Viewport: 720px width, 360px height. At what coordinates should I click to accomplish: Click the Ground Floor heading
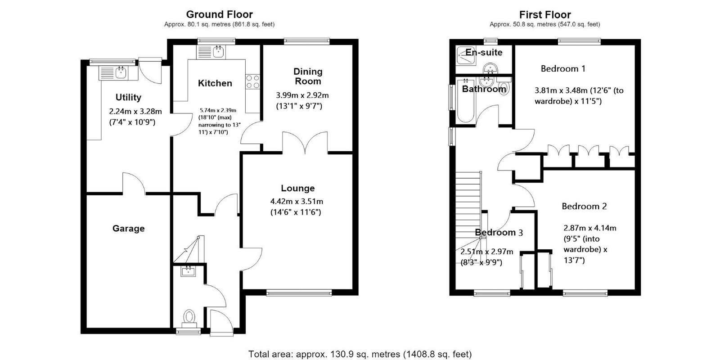coord(220,14)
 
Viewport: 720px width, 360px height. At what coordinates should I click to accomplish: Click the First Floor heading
coord(545,14)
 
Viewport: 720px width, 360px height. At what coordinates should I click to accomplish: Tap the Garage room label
coord(129,229)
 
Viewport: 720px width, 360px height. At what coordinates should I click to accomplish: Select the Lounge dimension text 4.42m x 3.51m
coord(297,202)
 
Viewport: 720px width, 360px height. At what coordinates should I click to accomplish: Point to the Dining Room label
coord(308,76)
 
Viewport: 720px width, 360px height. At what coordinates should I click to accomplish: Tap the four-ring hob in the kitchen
coord(252,81)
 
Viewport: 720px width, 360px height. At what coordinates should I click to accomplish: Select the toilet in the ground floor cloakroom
coord(189,318)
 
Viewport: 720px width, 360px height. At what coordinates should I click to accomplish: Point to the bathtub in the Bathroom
coord(466,101)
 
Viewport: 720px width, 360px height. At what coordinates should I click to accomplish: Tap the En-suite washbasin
coord(490,68)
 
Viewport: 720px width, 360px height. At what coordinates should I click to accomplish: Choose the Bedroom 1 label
coord(563,68)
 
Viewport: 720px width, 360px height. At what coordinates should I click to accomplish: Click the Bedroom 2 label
coord(584,206)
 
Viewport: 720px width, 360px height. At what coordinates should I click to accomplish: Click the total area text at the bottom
coord(360,354)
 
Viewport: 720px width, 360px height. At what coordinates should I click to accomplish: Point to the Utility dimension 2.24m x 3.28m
coord(135,112)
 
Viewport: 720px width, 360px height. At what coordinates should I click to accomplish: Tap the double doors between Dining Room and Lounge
coord(305,142)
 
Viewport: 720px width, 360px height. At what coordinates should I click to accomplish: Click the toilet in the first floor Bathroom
coord(504,87)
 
